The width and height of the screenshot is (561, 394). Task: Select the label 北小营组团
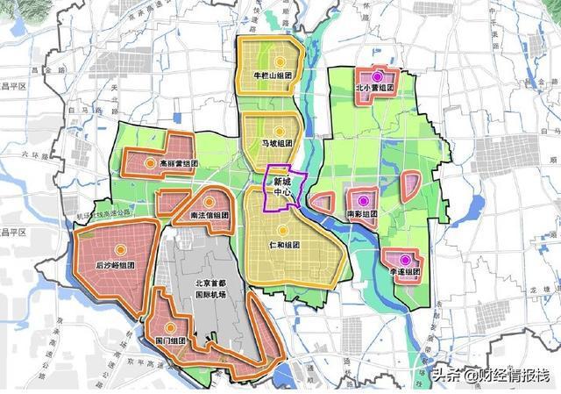point(375,89)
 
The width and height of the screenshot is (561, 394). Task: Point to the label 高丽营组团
point(173,163)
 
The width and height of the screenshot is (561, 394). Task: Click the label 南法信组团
point(209,214)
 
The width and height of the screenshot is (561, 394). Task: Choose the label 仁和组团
point(284,245)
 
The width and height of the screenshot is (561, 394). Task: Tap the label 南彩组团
point(361,214)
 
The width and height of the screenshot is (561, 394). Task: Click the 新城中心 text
point(283,188)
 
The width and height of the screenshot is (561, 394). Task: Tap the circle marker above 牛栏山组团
point(280,61)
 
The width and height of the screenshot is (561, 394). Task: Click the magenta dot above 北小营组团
point(378,76)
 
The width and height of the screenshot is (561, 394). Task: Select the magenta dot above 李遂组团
point(404,260)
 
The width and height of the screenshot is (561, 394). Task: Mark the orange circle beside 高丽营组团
point(150,163)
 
